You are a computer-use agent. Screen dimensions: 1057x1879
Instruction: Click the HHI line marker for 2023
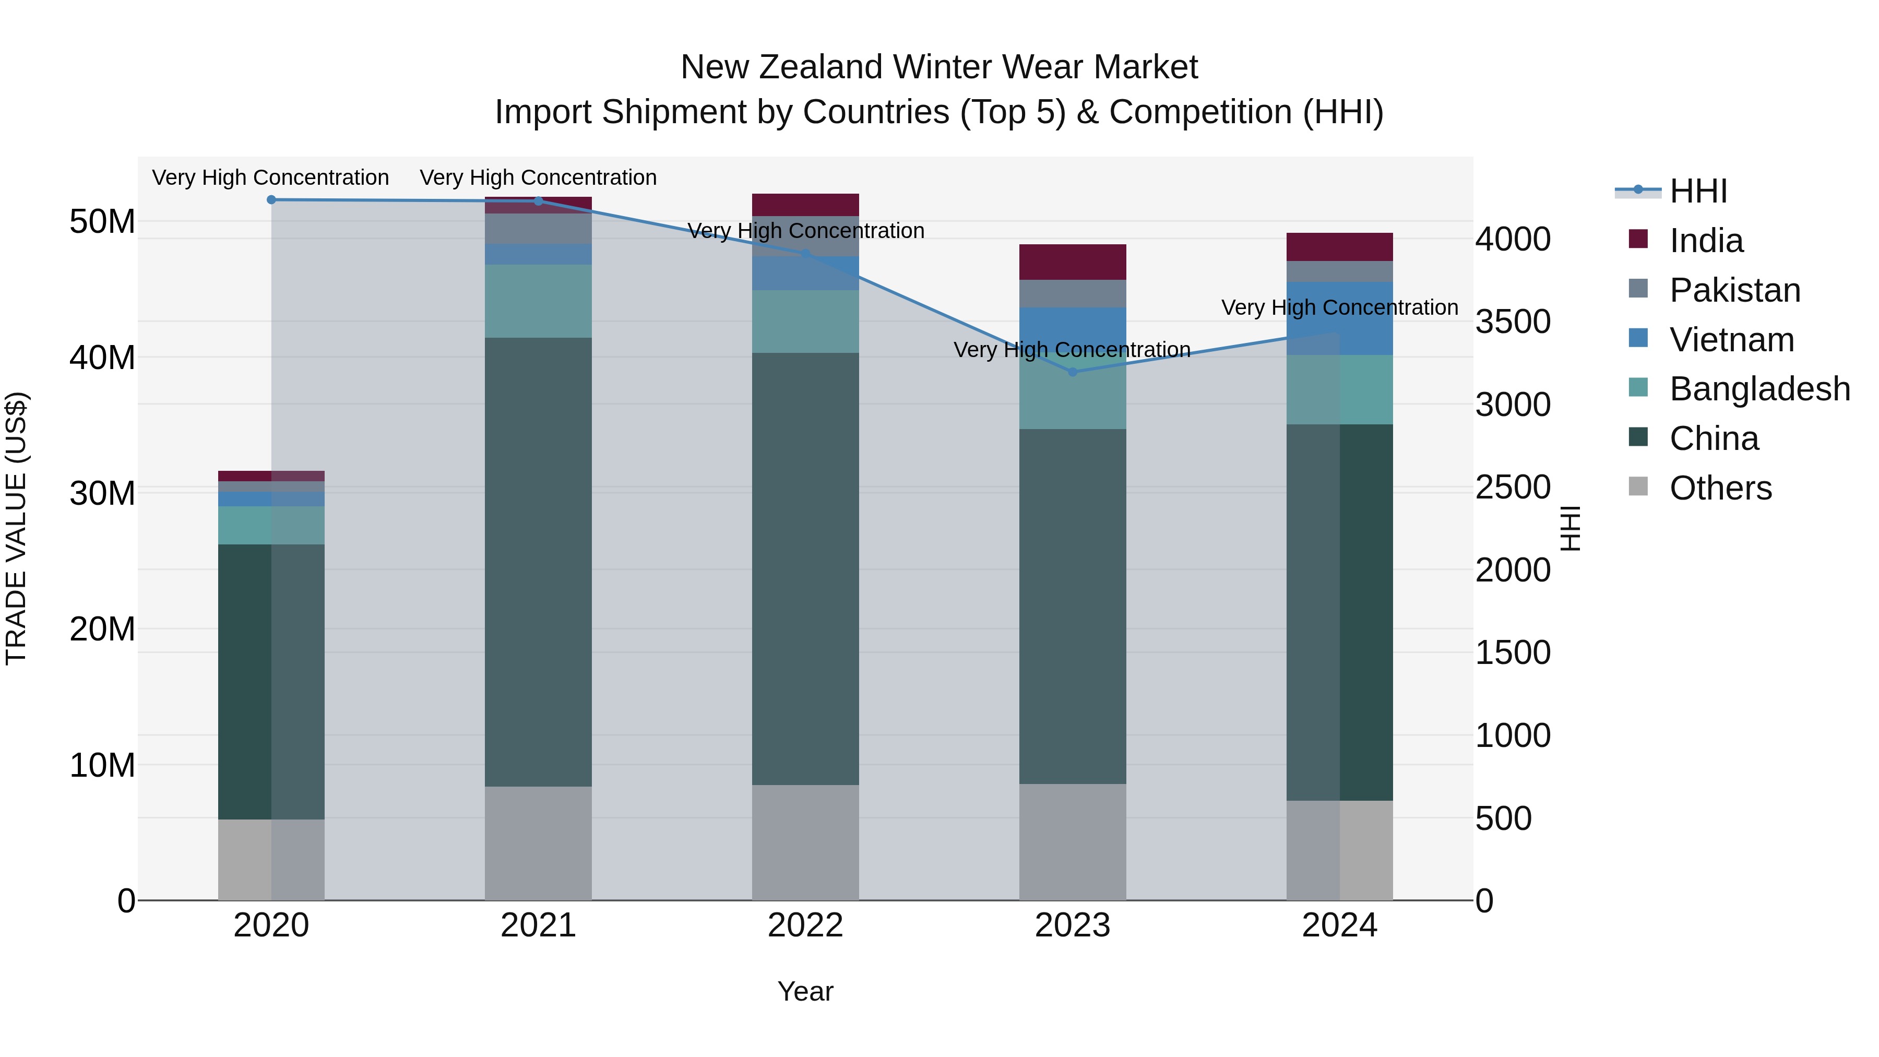(x=1072, y=372)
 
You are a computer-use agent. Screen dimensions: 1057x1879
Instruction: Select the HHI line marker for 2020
(x=271, y=200)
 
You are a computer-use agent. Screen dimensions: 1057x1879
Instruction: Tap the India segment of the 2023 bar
(x=1072, y=262)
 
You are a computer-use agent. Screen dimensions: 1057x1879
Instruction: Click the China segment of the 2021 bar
(x=538, y=562)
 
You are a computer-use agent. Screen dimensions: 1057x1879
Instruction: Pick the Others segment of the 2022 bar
(x=805, y=842)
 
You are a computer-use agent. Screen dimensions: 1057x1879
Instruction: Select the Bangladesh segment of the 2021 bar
(x=538, y=301)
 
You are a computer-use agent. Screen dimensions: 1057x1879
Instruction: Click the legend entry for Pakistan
(x=1734, y=290)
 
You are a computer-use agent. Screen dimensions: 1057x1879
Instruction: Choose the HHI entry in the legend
(x=1698, y=191)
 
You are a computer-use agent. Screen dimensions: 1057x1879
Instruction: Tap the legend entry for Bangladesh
(x=1759, y=389)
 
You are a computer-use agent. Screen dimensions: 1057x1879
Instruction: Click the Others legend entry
(x=1720, y=488)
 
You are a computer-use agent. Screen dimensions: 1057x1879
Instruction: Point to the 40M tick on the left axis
(x=102, y=358)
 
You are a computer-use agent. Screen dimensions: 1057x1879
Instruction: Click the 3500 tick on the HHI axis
(x=1513, y=322)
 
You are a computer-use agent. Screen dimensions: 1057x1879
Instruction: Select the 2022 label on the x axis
(x=805, y=925)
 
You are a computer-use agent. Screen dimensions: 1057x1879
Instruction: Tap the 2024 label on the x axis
(x=1339, y=925)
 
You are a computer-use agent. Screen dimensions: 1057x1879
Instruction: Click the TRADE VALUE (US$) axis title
(x=16, y=528)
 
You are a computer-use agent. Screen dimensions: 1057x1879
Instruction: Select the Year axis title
(x=805, y=991)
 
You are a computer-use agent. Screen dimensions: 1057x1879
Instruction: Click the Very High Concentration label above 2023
(x=1072, y=350)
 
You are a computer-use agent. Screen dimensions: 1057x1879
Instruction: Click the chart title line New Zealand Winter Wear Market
(x=939, y=67)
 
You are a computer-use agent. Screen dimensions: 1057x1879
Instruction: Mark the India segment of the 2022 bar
(x=805, y=205)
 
